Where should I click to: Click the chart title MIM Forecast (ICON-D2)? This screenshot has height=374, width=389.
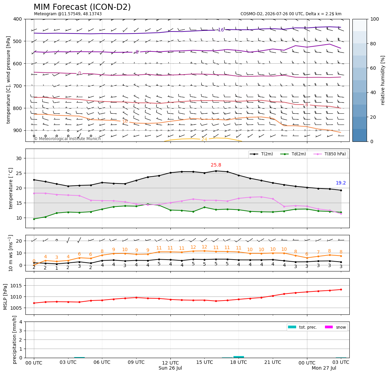[x=82, y=7]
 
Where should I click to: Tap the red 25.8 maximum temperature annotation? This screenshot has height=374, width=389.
[x=216, y=165]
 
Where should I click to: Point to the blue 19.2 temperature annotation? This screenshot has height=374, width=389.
[x=341, y=183]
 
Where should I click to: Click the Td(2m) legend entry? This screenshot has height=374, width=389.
[x=293, y=154]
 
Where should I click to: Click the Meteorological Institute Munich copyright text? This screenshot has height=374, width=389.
[x=67, y=138]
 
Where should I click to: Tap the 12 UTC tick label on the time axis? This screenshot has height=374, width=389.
[x=170, y=362]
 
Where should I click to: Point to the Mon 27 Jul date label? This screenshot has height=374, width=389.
[x=324, y=368]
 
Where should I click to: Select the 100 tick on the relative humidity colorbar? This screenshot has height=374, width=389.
[x=374, y=19]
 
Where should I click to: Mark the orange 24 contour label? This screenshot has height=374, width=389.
[x=204, y=139]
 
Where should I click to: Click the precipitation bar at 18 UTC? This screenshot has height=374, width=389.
[x=239, y=357]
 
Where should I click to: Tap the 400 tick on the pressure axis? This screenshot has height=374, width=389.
[x=18, y=19]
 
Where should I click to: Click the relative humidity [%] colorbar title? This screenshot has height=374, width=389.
[x=383, y=80]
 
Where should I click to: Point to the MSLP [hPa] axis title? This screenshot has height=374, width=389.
[x=5, y=297]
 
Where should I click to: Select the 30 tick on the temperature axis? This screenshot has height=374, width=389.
[x=19, y=158]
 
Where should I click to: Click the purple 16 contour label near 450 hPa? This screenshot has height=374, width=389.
[x=221, y=30]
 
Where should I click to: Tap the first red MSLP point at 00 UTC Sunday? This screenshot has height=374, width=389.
[x=34, y=303]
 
